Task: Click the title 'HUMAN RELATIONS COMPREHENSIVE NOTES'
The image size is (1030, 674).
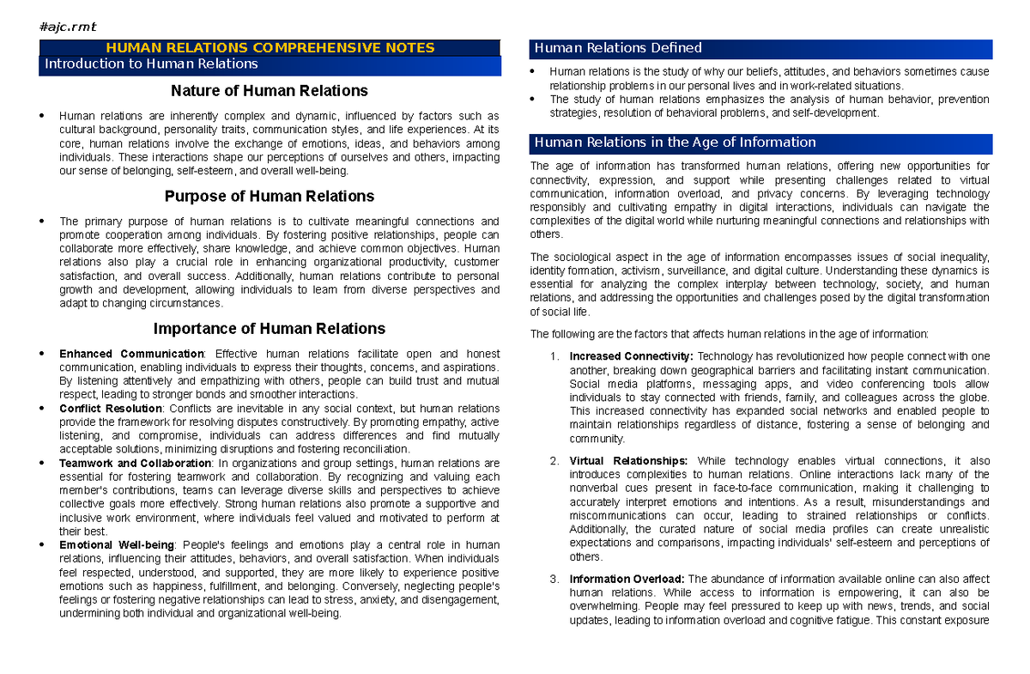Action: [270, 48]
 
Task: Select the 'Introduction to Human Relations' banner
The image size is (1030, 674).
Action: [151, 64]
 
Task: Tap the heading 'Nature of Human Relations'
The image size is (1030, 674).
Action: [270, 91]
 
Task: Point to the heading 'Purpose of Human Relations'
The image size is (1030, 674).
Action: [270, 197]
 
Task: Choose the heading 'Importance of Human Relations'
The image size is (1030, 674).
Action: [270, 329]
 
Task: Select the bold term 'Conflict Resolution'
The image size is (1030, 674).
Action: [111, 409]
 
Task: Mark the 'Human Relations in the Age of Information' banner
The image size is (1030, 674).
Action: [675, 143]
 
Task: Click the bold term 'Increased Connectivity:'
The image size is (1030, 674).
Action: [632, 356]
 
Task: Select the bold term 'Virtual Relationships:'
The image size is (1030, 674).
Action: [628, 461]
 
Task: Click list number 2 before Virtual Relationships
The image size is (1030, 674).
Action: [554, 461]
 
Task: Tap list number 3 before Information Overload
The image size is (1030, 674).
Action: [554, 579]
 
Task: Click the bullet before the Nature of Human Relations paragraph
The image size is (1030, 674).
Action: [44, 117]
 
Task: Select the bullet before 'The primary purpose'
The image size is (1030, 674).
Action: [44, 222]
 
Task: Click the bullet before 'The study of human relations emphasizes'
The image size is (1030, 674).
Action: [534, 100]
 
